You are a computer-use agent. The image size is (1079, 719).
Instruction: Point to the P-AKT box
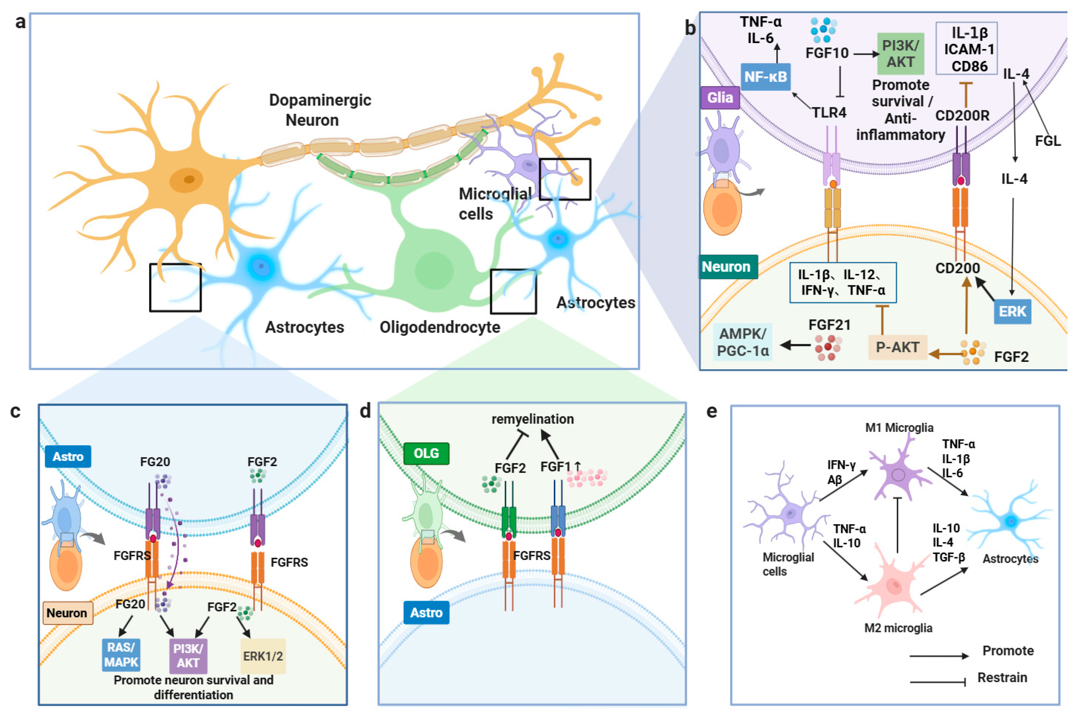click(x=897, y=347)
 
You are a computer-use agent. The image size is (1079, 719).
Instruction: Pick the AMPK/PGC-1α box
click(x=742, y=342)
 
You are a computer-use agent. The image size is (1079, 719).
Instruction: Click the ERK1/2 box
click(x=263, y=656)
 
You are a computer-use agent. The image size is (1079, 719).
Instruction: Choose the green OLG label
click(x=426, y=453)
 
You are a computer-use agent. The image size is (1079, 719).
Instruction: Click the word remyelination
click(x=532, y=419)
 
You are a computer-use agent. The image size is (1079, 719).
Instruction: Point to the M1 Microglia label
click(x=898, y=427)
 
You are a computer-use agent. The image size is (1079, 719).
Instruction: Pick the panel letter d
click(x=365, y=411)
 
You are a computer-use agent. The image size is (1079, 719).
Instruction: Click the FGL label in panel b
click(x=1047, y=141)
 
